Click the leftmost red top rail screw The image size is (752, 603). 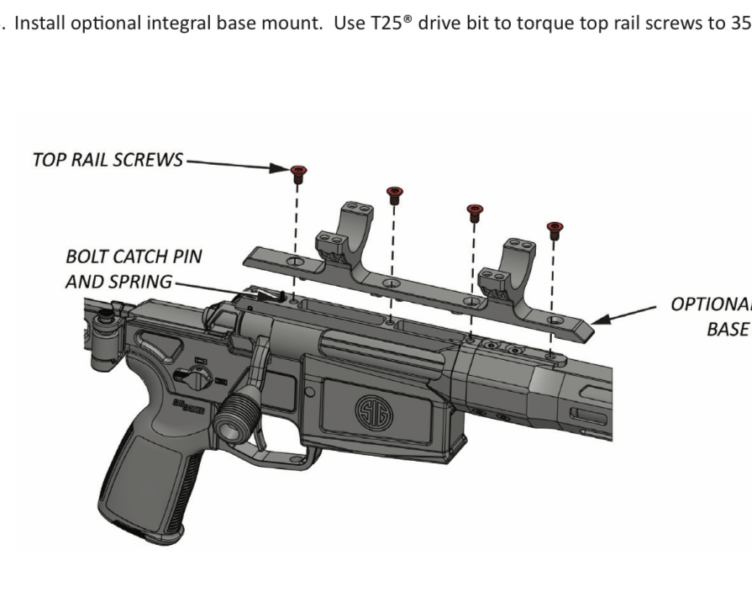pyautogui.click(x=297, y=173)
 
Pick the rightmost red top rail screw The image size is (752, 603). pyautogui.click(x=553, y=228)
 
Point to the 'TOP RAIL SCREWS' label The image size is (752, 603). pyautogui.click(x=108, y=161)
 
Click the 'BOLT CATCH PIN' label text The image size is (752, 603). pyautogui.click(x=134, y=257)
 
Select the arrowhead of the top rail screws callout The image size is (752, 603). pyautogui.click(x=283, y=168)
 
